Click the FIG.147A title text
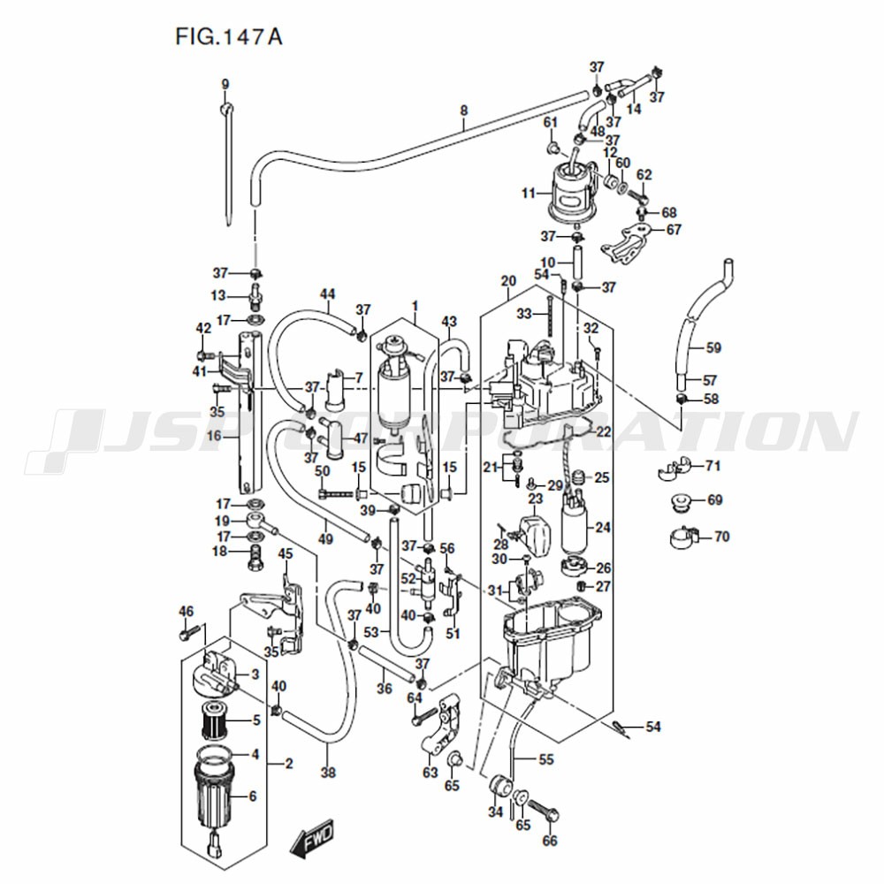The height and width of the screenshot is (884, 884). coord(229,37)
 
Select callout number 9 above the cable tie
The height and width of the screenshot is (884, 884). coord(225,85)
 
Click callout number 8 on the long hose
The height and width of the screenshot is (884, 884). coord(463,110)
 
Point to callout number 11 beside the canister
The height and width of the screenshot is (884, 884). coord(529,194)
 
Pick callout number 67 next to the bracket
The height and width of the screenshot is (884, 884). coord(674,230)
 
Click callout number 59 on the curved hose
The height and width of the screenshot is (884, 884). coord(713,347)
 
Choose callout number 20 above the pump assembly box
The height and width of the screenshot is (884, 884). coord(508,281)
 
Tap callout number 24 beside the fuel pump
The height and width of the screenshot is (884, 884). coord(603,528)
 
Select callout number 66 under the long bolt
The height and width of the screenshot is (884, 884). coord(550,841)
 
